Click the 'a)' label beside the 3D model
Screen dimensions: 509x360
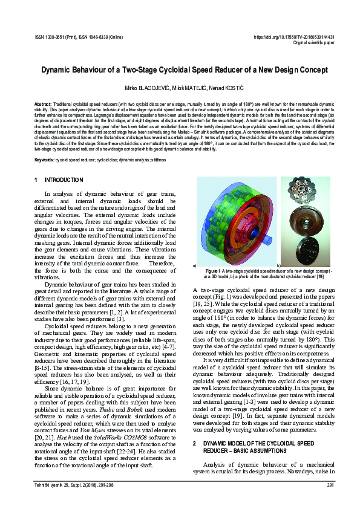pyautogui.click(x=194, y=265)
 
